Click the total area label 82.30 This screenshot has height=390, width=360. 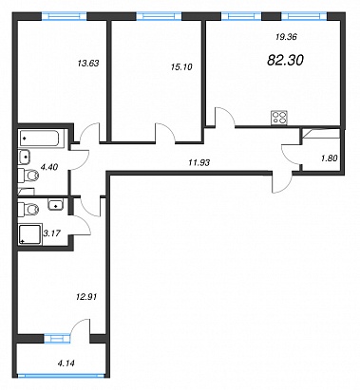click(285, 60)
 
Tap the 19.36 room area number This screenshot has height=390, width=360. click(286, 37)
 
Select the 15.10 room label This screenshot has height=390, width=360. click(180, 67)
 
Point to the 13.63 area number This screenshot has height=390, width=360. click(88, 64)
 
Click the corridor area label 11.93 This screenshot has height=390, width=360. click(199, 163)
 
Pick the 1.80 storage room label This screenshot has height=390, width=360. click(329, 158)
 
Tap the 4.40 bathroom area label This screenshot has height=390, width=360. click(49, 167)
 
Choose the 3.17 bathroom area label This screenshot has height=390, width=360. click(51, 233)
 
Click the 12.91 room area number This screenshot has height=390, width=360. click(86, 297)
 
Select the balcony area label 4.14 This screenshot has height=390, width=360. click(66, 363)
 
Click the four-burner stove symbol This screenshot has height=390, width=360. click(279, 118)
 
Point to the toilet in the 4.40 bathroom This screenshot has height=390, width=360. click(28, 176)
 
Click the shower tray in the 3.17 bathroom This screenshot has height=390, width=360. click(30, 234)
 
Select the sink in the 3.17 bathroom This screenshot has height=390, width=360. click(57, 204)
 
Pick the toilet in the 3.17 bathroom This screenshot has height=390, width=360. click(28, 209)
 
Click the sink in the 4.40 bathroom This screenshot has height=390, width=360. click(25, 157)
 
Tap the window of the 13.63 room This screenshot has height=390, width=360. click(65, 16)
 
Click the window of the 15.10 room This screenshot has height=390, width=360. click(159, 16)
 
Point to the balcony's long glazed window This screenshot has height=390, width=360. click(61, 376)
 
